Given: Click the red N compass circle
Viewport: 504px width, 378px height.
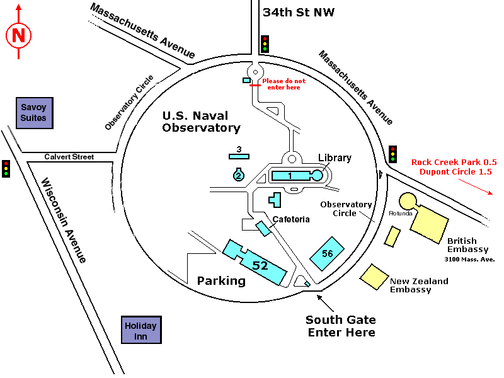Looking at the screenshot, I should coord(19,36).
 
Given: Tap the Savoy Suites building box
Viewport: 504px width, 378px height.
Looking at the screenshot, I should coord(33,113).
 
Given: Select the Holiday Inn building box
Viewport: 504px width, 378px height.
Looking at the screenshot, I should coord(140,331).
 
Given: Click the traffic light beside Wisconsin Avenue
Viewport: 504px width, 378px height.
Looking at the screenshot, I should coord(6,168).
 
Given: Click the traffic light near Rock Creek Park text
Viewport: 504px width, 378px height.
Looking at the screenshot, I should coord(393,154).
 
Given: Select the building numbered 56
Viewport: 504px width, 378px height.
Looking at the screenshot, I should coord(327,253).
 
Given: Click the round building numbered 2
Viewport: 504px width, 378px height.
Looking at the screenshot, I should coord(238,175).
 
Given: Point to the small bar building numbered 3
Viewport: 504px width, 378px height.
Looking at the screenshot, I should coord(239,156).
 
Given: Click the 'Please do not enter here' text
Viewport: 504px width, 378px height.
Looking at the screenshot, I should coord(283,84).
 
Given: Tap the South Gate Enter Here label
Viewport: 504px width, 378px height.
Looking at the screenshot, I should coord(341,326).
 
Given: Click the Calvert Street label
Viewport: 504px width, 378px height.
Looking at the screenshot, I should coord(69,157).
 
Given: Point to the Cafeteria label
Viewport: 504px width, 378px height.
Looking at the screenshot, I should coord(291,219).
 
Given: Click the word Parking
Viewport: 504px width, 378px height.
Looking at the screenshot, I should coord(221,280).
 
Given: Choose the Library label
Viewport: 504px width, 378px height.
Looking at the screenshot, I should coord(335,158).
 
